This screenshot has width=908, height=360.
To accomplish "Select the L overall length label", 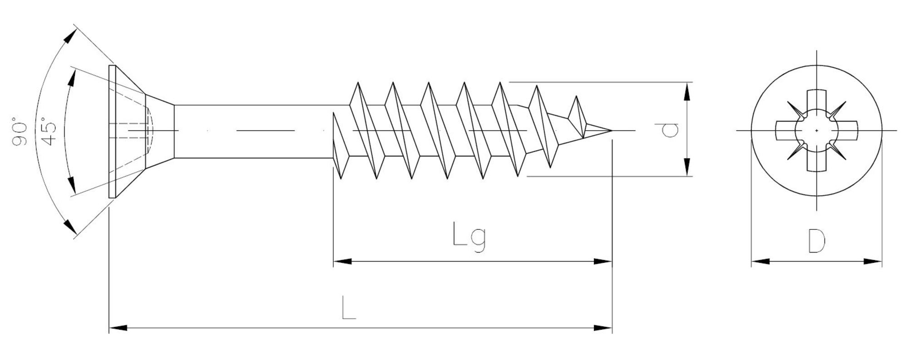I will [x=348, y=308].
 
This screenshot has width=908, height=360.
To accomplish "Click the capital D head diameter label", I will [x=816, y=242].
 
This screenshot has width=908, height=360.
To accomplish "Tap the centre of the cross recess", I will [x=816, y=131].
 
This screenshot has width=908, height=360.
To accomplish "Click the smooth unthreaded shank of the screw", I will [x=254, y=132].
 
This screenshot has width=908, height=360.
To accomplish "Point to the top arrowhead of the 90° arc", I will [x=70, y=37].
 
